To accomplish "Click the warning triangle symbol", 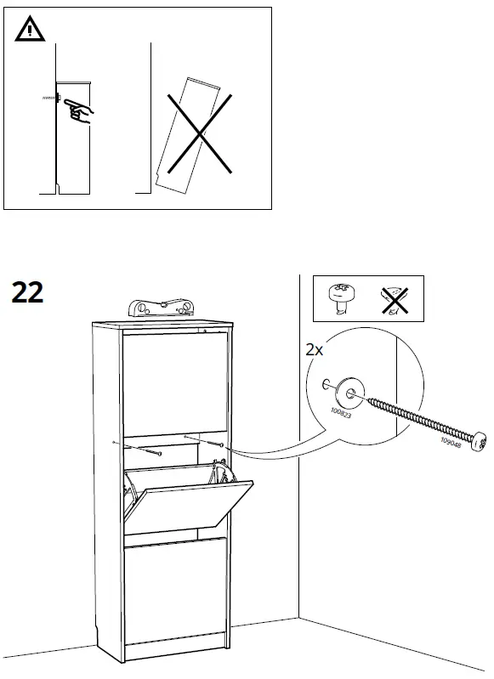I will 28,31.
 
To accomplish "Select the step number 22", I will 28,291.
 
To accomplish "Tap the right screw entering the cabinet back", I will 219,444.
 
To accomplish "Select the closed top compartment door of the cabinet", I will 174,382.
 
